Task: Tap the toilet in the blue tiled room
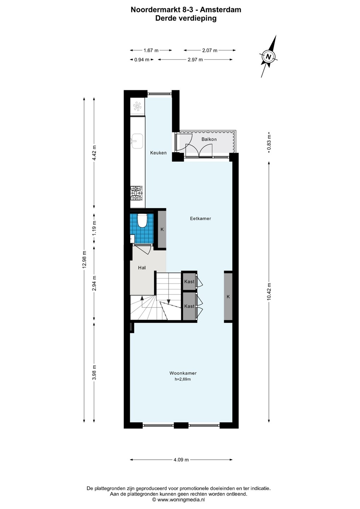142,220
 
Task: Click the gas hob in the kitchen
137,193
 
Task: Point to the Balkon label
209,139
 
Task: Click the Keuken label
158,153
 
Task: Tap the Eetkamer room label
201,218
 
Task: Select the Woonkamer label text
183,373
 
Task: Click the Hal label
142,268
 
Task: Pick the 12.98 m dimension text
84,259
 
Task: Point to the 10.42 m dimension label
269,292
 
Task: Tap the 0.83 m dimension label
269,142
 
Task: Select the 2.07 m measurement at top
210,51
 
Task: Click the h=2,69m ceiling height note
182,379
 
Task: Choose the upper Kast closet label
189,281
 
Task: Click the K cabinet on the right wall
228,297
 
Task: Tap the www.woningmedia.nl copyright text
179,500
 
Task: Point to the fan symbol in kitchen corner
137,107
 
